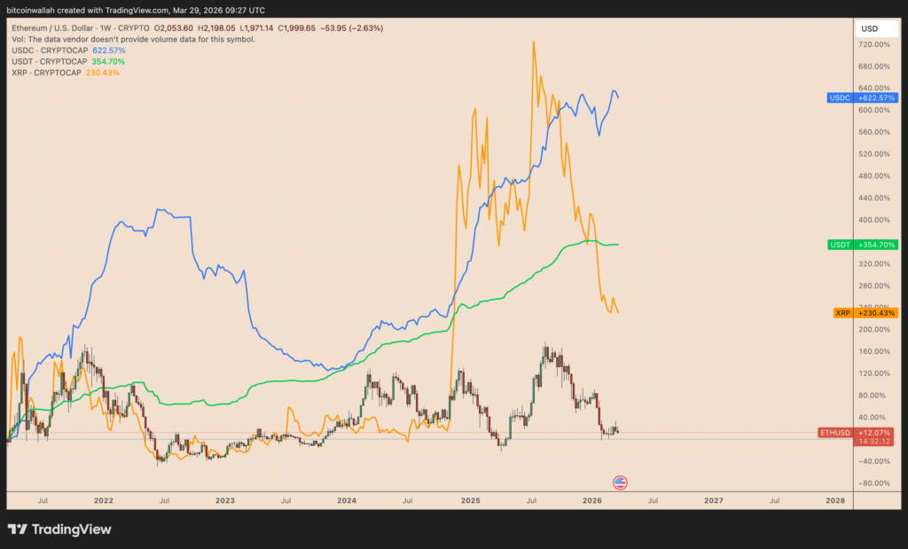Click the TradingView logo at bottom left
(x=60, y=529)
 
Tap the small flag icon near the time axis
(x=621, y=482)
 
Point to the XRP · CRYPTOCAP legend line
(x=67, y=73)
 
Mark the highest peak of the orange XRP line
(x=534, y=41)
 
